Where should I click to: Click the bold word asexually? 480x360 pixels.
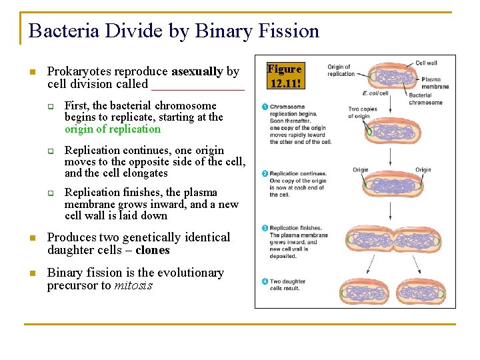point(197,71)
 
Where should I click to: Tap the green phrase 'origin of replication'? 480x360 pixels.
point(113,129)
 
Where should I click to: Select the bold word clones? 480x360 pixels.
point(153,251)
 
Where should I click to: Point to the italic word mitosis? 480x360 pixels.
point(133,286)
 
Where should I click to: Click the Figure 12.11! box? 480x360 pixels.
point(285,76)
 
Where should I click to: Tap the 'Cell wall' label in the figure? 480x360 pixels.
point(426,63)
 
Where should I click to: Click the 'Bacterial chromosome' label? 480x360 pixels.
point(425,99)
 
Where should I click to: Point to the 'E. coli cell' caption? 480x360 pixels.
point(375,93)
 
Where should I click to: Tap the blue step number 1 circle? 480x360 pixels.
point(265,107)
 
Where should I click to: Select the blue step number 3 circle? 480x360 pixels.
point(265,228)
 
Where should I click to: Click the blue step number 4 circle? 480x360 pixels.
point(265,281)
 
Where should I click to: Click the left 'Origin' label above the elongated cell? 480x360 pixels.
point(361,170)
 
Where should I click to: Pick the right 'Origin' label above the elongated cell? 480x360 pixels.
point(423,170)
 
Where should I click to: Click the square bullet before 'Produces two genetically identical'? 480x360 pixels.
point(31,238)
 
